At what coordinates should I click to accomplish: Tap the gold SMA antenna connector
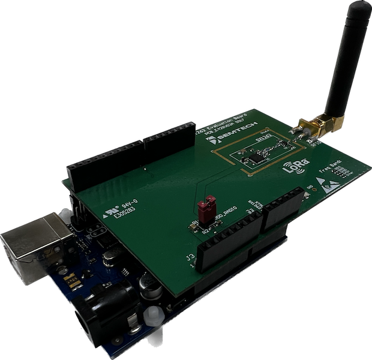[314, 127]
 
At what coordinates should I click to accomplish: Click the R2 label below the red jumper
[204, 229]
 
